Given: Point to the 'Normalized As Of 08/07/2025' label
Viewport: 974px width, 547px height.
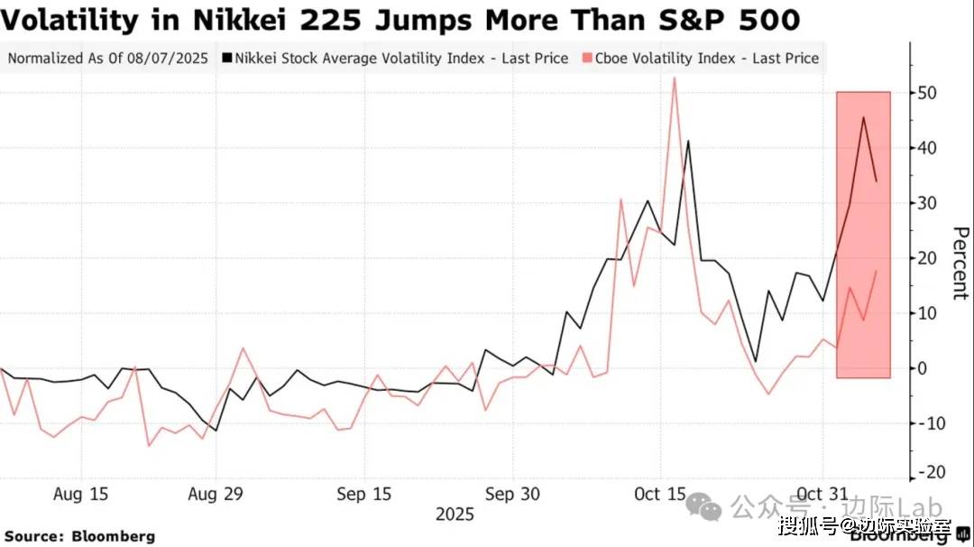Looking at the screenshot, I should pyautogui.click(x=108, y=59).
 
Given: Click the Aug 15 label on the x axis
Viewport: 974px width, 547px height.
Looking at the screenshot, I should pyautogui.click(x=81, y=495).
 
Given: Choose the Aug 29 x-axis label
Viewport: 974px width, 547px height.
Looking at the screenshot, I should pyautogui.click(x=215, y=495).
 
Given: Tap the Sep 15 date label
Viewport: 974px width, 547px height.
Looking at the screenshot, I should pyautogui.click(x=364, y=495).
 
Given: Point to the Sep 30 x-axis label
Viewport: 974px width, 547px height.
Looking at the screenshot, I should pyautogui.click(x=512, y=495).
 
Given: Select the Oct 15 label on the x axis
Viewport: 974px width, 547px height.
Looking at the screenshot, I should pyautogui.click(x=660, y=495).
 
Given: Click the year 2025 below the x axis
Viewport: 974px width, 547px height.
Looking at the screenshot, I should pyautogui.click(x=455, y=515).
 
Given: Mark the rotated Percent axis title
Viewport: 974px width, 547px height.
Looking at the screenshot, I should pyautogui.click(x=960, y=264).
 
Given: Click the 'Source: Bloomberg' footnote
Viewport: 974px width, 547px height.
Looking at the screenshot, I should pyautogui.click(x=80, y=536).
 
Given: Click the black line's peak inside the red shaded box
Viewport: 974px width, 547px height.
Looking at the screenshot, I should pyautogui.click(x=863, y=117).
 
